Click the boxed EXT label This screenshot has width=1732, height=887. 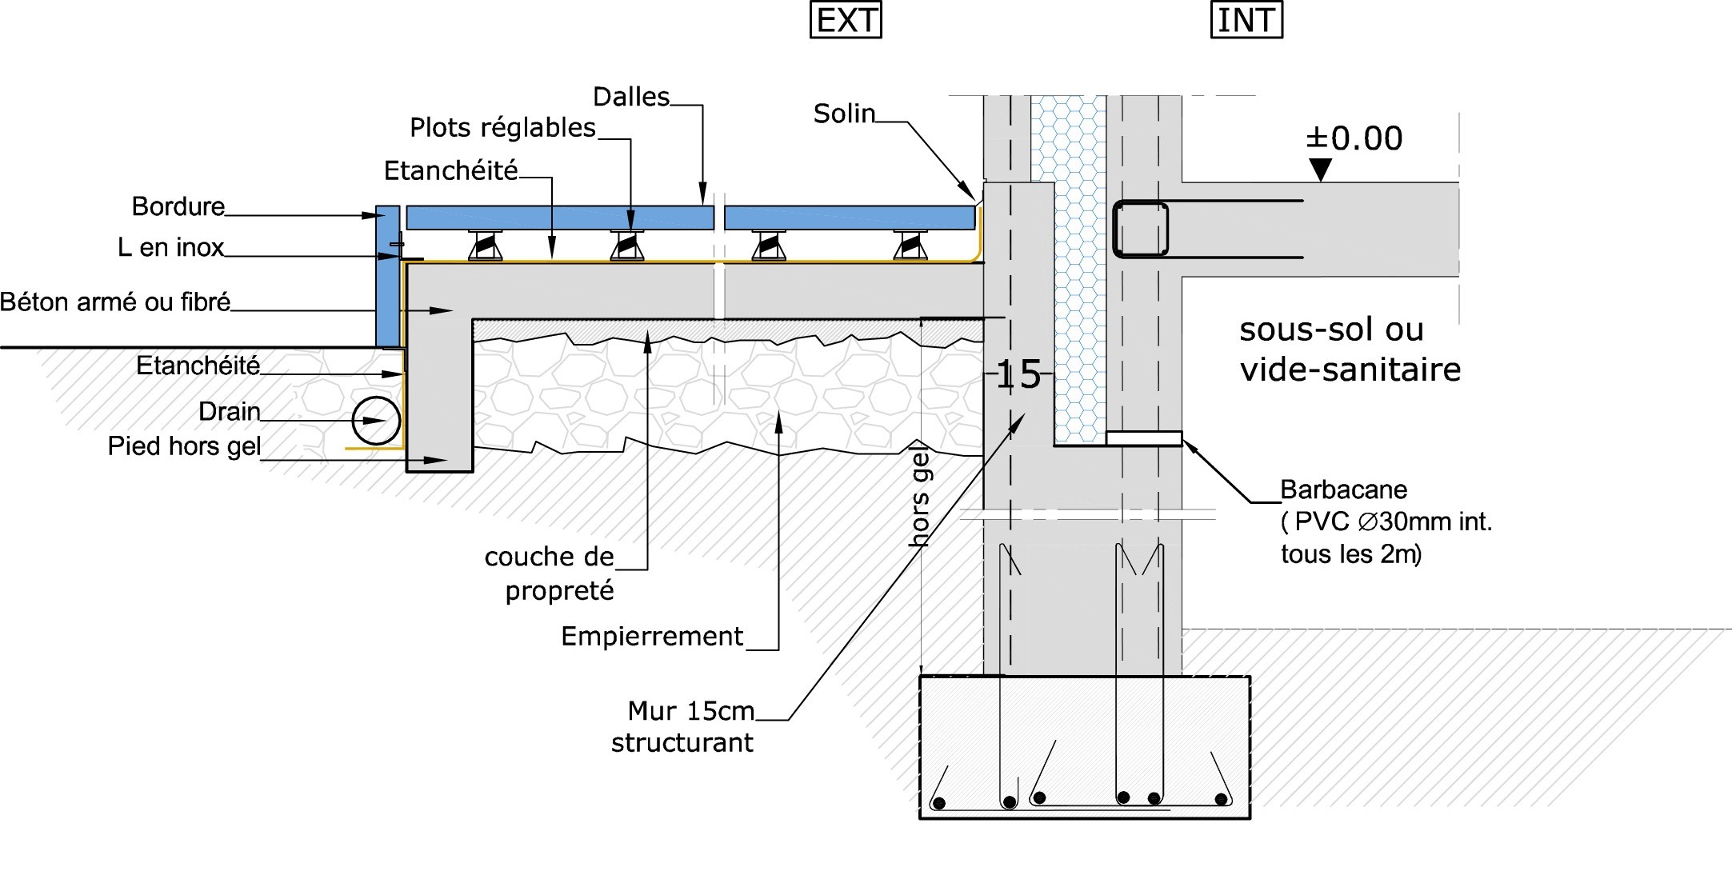click(x=846, y=21)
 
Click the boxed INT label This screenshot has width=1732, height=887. click(x=1246, y=21)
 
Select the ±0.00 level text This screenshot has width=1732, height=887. click(x=1354, y=138)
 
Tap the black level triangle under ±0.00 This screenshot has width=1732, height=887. click(x=1320, y=170)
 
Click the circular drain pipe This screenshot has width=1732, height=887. click(x=376, y=421)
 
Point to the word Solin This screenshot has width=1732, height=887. click(x=844, y=114)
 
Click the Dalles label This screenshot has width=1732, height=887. click(x=631, y=98)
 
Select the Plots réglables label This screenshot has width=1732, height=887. click(x=502, y=128)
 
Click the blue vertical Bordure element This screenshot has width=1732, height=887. click(x=387, y=276)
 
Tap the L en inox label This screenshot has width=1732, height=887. click(x=170, y=248)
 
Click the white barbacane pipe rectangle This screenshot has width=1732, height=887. click(x=1144, y=438)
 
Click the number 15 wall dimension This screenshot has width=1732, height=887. click(x=1018, y=374)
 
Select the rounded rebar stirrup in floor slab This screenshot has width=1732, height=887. click(x=1140, y=229)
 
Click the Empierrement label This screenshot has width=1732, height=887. click(x=652, y=637)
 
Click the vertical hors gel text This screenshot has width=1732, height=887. click(x=920, y=497)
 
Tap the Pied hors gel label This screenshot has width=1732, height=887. click(x=184, y=446)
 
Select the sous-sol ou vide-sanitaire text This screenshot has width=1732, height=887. click(x=1350, y=350)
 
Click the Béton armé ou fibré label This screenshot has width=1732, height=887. click(x=115, y=302)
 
